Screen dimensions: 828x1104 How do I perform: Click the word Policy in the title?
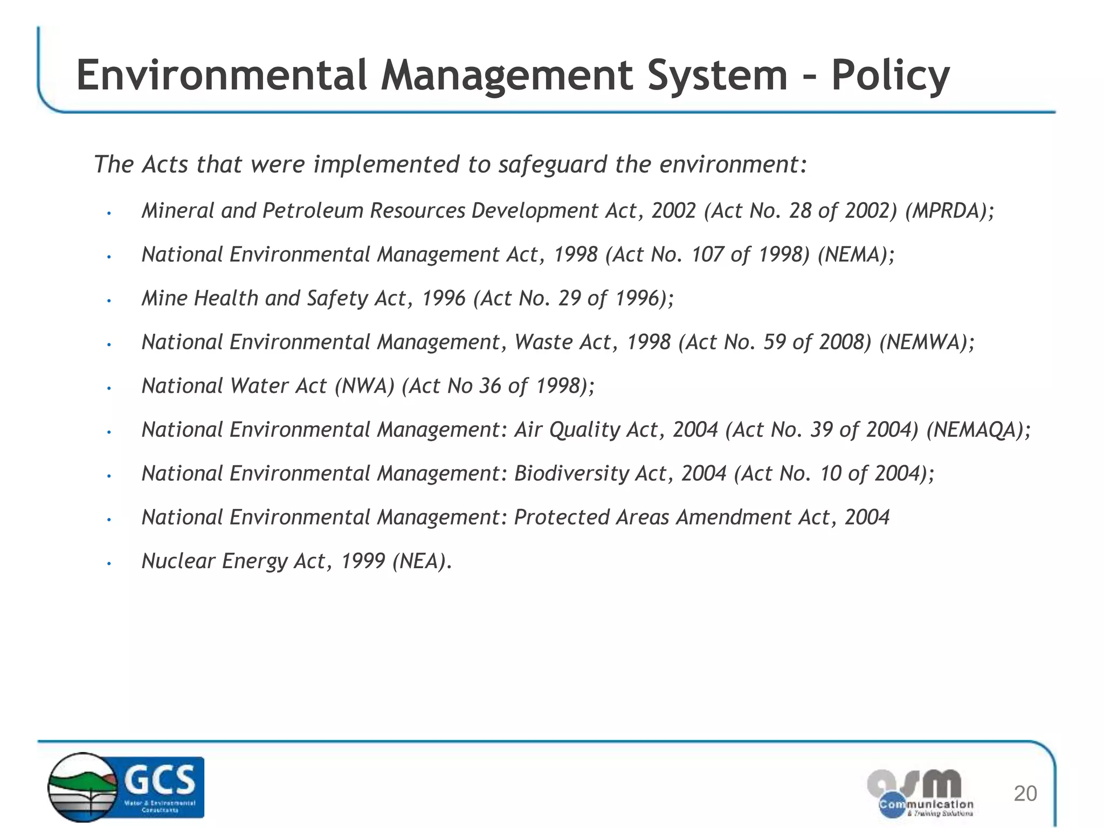click(x=890, y=77)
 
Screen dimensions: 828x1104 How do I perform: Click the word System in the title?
click(x=717, y=75)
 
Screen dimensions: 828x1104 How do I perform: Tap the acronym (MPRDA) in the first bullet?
click(x=949, y=211)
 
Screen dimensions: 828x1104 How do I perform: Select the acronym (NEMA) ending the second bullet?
click(x=856, y=254)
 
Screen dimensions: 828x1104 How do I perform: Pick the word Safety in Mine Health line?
click(x=337, y=299)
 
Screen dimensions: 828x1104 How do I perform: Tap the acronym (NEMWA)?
click(x=927, y=342)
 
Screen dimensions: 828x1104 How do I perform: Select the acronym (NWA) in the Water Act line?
click(x=364, y=386)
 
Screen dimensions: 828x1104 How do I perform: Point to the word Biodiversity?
click(x=571, y=473)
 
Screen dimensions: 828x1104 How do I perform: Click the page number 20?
click(x=1025, y=793)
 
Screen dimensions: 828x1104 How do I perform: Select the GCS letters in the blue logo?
click(x=160, y=779)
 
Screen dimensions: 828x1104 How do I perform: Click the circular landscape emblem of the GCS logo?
click(x=82, y=788)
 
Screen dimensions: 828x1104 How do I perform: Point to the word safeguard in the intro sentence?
click(x=553, y=164)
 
